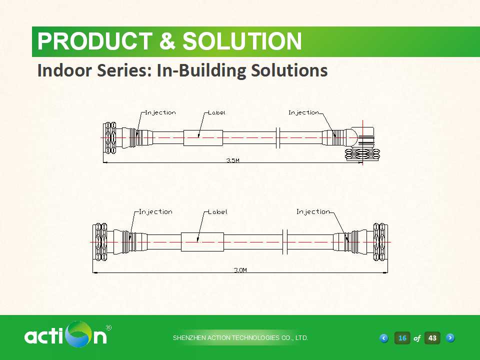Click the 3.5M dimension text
[233, 160]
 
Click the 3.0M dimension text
[240, 270]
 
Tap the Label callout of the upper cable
[216, 113]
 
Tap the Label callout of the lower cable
[217, 212]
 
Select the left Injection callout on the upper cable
[160, 113]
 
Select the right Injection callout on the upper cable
[303, 113]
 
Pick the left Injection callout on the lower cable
[155, 212]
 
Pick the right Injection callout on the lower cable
[313, 212]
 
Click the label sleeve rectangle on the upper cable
[202, 138]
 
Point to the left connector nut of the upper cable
[110, 137]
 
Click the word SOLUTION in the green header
[242, 41]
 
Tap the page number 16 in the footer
[402, 338]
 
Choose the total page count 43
[432, 338]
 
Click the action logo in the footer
[65, 334]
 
